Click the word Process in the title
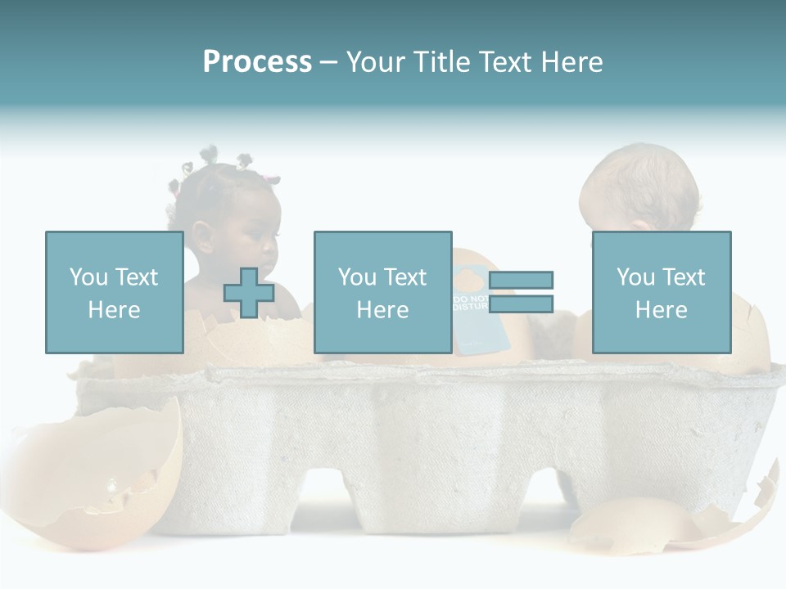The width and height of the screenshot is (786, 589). tap(257, 62)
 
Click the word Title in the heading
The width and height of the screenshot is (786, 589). tap(440, 62)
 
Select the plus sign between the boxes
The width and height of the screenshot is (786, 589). tap(249, 292)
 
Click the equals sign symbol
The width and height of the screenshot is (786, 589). tap(521, 292)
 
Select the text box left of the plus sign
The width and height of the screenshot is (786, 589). tap(115, 292)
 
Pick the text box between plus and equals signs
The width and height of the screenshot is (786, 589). tap(382, 292)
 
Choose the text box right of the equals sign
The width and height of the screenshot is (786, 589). tap(661, 292)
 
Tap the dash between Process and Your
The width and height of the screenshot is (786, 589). tap(327, 63)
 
